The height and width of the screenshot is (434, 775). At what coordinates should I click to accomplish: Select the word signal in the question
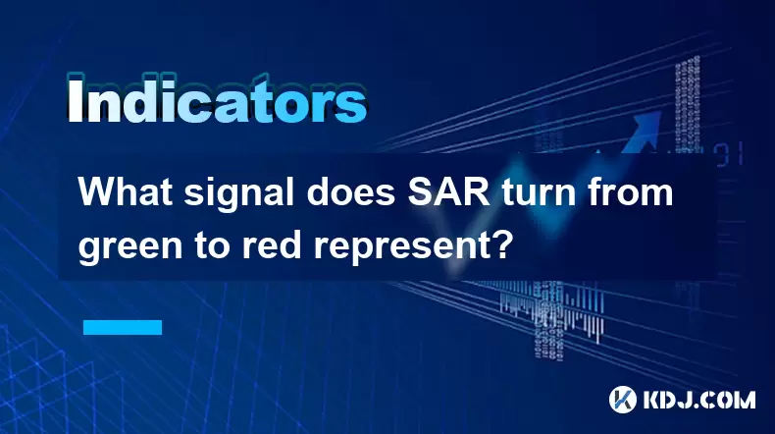coord(239,195)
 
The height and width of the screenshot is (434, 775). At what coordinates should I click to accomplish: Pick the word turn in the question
coord(540,193)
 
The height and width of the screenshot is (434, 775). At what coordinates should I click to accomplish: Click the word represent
coord(403,246)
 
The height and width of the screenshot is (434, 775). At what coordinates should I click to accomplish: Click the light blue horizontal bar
coord(123,327)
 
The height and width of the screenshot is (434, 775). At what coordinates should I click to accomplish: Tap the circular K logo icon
coord(623,399)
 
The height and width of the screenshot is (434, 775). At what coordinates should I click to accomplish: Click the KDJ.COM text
coord(699,400)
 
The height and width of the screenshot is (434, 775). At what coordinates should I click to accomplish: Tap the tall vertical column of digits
coord(688,104)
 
